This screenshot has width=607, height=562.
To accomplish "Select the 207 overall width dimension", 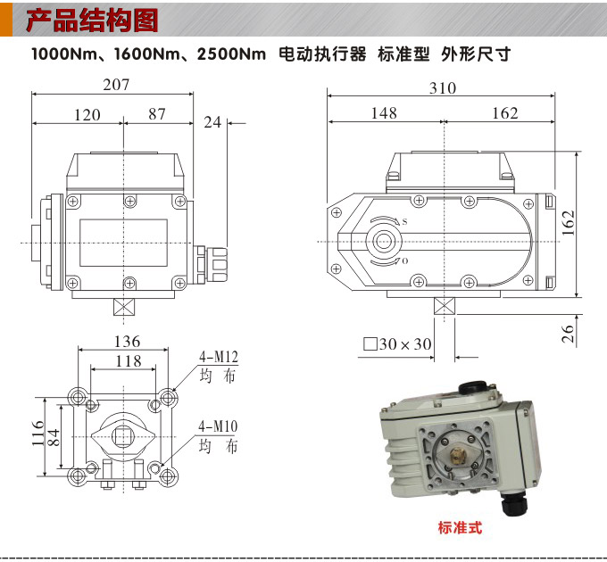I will (116, 85).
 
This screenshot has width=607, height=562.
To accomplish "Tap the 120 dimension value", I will (87, 115).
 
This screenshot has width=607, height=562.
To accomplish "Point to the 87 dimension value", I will (157, 115).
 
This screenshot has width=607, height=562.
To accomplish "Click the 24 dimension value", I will (212, 122).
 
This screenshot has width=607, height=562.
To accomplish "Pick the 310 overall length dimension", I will (442, 87).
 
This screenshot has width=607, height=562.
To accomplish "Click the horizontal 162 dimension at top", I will (504, 113).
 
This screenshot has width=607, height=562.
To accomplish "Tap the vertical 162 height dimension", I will (569, 223).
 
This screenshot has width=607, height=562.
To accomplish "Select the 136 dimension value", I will (127, 342).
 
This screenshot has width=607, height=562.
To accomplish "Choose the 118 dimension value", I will (129, 360).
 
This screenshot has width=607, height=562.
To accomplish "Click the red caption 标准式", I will (460, 527).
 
